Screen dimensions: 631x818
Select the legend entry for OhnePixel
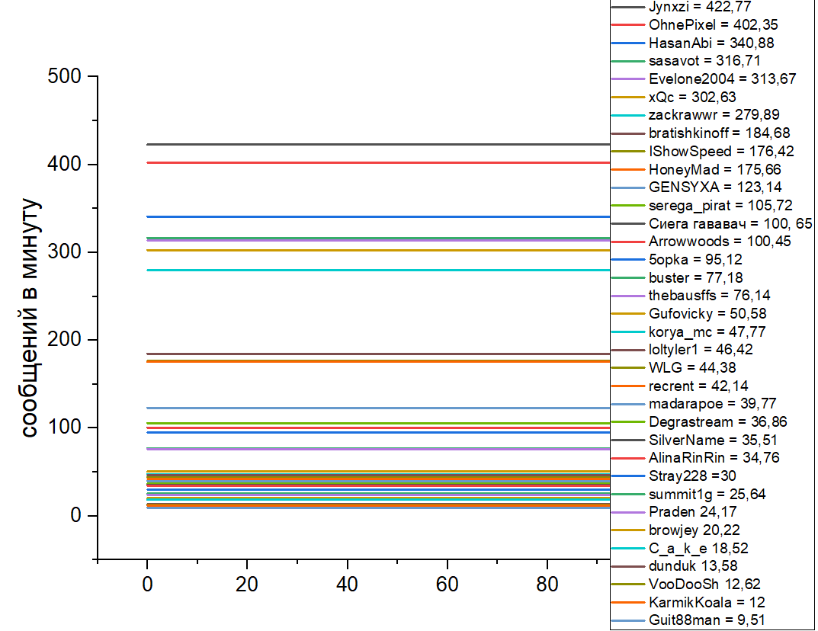703,25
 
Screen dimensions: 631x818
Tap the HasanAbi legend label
701,43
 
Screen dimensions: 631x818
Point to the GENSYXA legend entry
704,187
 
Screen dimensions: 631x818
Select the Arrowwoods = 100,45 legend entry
709,241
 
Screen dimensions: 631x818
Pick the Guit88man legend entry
696,620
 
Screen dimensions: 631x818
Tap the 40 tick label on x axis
347,585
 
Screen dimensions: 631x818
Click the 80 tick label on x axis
547,585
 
